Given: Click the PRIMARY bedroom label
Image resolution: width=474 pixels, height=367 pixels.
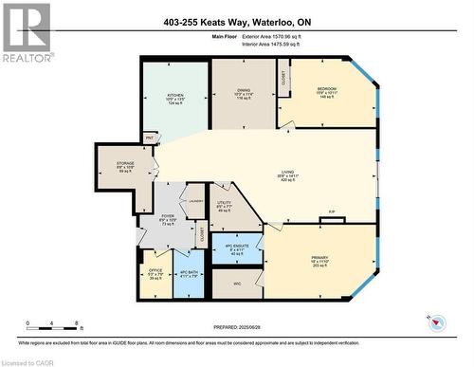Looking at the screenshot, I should (x=319, y=257).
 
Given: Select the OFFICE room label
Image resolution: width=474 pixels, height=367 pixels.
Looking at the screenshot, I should (x=154, y=275).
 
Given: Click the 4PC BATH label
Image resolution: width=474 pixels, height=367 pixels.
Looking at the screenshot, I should (x=189, y=275).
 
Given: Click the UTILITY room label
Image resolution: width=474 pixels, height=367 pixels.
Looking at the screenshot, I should (x=224, y=205).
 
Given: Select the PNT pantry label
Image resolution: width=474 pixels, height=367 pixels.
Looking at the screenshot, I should (x=150, y=138).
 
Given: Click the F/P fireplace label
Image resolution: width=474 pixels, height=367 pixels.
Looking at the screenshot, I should (x=332, y=211).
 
